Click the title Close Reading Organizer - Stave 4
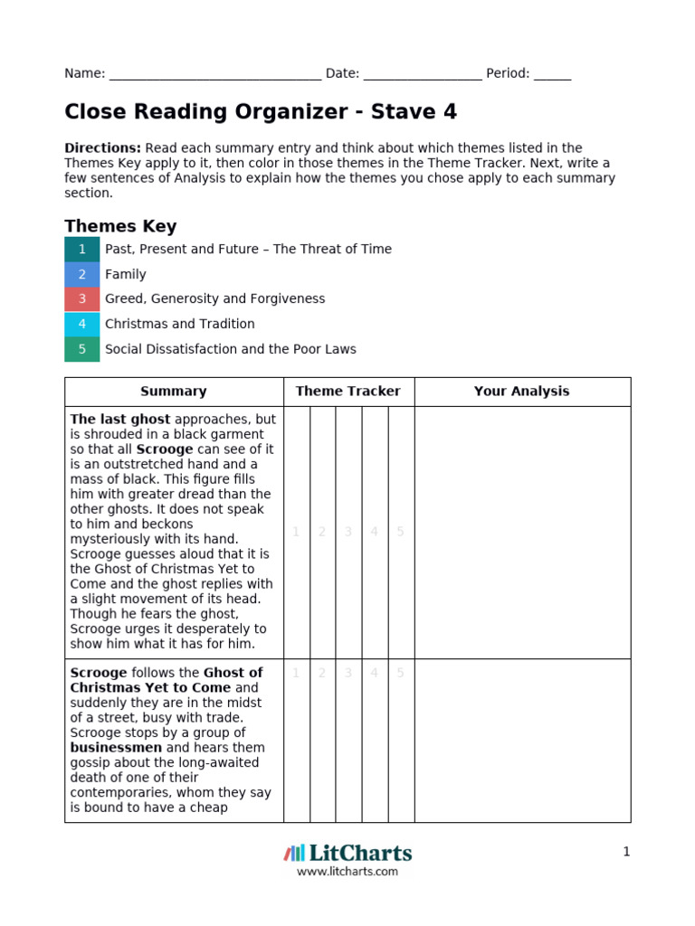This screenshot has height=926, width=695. [x=261, y=112]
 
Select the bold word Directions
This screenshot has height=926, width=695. [x=102, y=147]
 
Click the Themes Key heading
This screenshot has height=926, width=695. [x=120, y=226]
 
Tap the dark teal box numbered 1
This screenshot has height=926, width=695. [x=82, y=249]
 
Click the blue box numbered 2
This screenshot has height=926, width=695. [x=82, y=274]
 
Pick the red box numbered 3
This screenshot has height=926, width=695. [x=82, y=298]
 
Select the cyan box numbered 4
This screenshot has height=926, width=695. [x=82, y=324]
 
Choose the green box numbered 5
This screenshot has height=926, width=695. [x=82, y=349]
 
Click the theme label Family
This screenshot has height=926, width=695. [x=125, y=274]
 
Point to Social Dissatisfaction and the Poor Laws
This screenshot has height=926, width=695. [x=231, y=349]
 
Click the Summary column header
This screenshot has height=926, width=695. [x=174, y=392]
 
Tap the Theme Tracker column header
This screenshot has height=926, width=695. [x=348, y=392]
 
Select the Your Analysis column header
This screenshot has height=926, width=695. [x=522, y=392]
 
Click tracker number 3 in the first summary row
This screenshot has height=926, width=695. [x=348, y=532]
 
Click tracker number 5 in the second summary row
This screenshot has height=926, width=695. [x=401, y=673]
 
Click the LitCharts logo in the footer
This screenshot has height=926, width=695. [x=347, y=853]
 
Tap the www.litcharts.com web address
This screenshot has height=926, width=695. [x=347, y=872]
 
